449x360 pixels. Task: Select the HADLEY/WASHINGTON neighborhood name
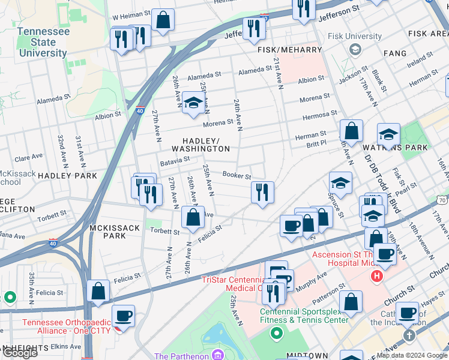[200, 144]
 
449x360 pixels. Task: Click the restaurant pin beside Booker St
[262, 192]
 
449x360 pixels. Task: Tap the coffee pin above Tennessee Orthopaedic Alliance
[124, 316]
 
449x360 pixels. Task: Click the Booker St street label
[237, 175]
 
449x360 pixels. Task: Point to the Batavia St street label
[175, 160]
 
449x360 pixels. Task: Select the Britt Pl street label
[316, 144]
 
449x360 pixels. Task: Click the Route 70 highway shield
[442, 200]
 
